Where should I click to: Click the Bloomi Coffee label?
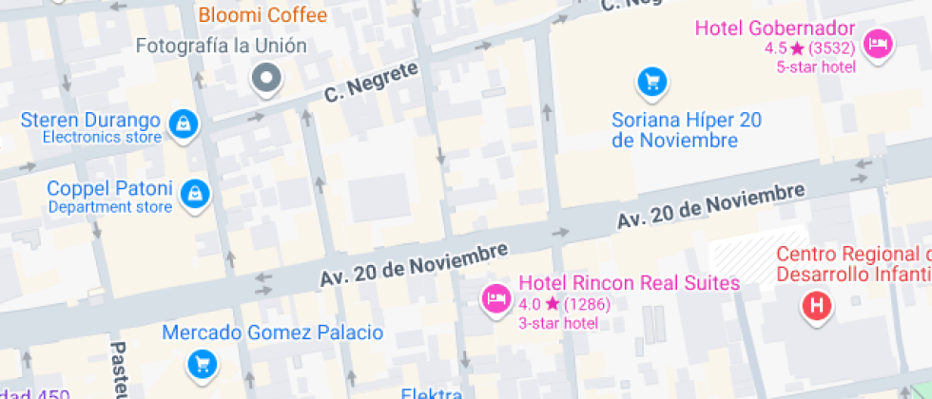point(262,15)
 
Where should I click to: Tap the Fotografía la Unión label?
point(222,46)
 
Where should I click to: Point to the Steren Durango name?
point(90,121)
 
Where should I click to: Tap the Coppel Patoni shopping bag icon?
point(195,193)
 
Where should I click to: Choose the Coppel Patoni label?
point(110,188)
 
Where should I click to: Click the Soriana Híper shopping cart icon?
point(651,82)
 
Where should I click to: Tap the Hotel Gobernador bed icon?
point(877,45)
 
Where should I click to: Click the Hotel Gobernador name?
point(775,28)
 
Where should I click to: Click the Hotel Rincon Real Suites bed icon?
point(495,299)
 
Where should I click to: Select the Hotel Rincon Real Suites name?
point(629,283)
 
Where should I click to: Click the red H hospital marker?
point(817,305)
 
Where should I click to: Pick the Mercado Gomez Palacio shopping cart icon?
point(202,363)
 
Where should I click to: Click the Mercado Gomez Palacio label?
point(272,332)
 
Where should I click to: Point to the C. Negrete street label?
point(371,83)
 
